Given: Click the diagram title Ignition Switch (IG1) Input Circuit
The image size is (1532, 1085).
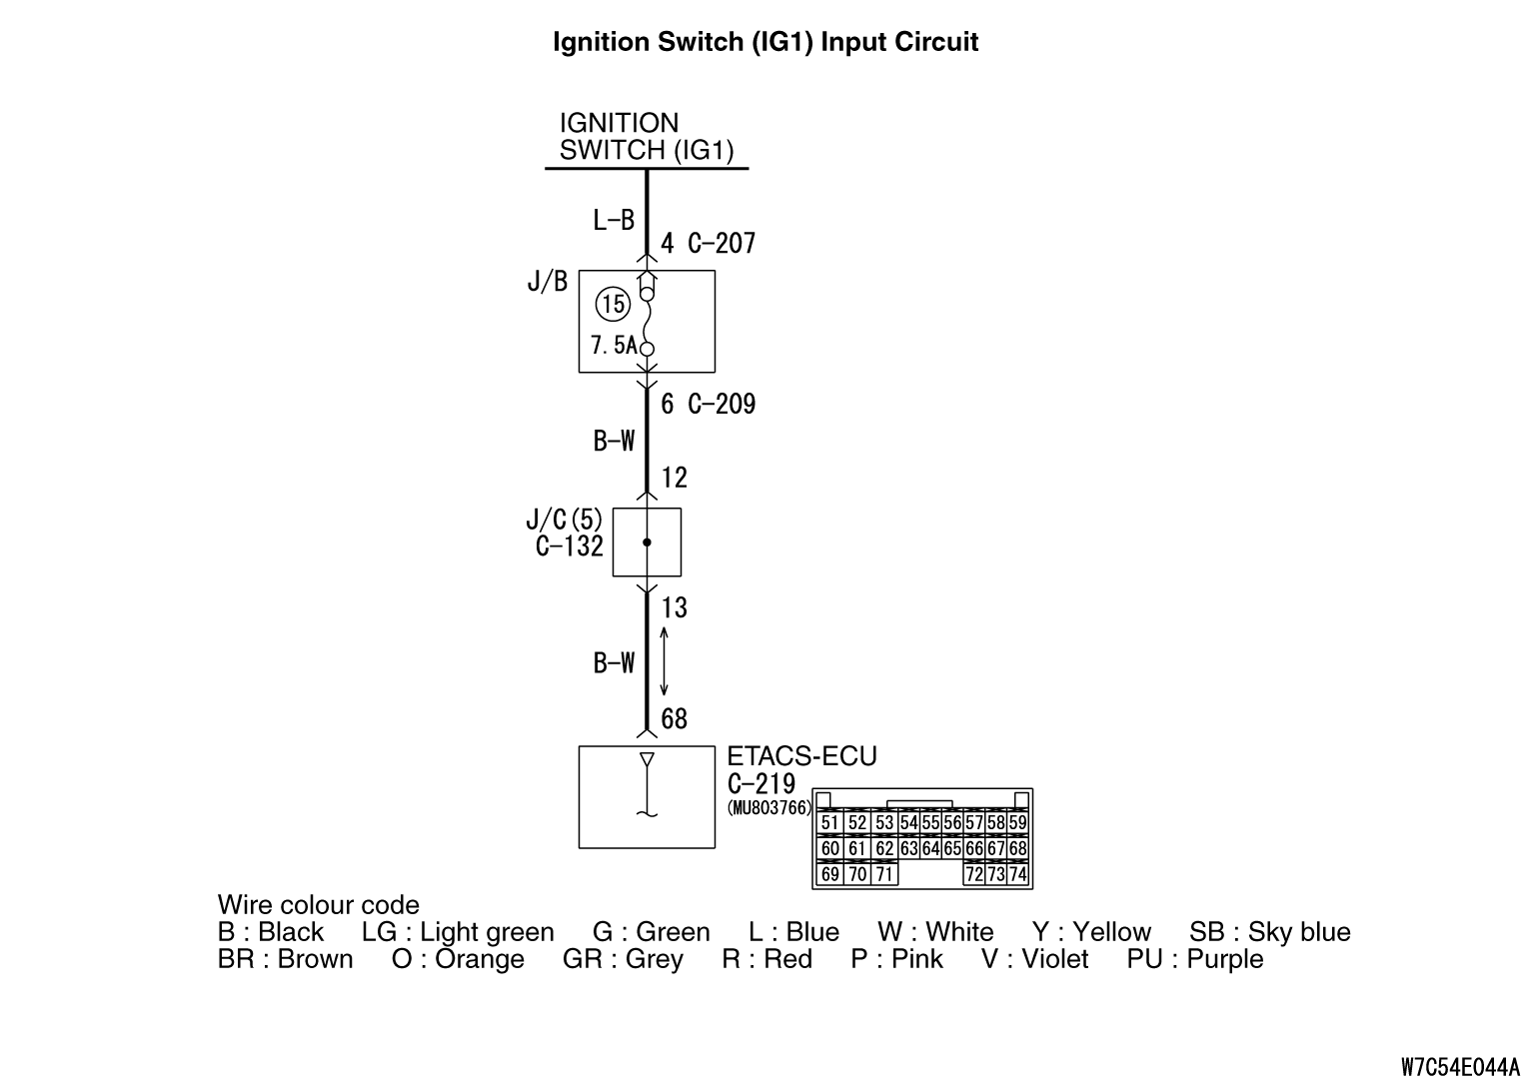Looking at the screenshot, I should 766,42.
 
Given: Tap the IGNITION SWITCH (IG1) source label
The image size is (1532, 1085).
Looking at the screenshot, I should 646,137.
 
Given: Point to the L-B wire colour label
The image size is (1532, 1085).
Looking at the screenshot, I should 614,220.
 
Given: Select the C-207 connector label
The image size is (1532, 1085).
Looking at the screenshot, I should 722,244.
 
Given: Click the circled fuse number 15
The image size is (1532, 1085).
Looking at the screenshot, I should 612,304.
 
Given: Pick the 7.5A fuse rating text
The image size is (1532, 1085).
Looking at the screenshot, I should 613,346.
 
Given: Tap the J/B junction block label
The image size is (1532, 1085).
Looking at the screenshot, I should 547,283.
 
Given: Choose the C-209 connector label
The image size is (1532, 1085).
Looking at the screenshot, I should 722,405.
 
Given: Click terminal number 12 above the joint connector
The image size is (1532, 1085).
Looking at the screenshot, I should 675,478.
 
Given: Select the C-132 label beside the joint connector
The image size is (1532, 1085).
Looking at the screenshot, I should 570,546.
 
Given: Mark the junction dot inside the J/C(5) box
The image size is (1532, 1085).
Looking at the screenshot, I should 647,542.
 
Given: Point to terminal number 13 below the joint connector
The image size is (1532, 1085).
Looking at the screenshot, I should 675,607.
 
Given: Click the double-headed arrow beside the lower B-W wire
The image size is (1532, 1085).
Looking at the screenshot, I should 665,662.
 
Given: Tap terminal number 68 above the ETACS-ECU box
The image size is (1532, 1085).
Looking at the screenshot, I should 675,719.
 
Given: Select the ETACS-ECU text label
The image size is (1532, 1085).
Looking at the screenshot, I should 801,756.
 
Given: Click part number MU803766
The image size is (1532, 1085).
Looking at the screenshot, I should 769,808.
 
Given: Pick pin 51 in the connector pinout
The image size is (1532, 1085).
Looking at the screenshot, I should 829,823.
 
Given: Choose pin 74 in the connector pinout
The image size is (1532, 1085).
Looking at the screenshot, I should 1017,874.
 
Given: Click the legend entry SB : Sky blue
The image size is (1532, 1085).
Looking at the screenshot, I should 1269,932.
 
